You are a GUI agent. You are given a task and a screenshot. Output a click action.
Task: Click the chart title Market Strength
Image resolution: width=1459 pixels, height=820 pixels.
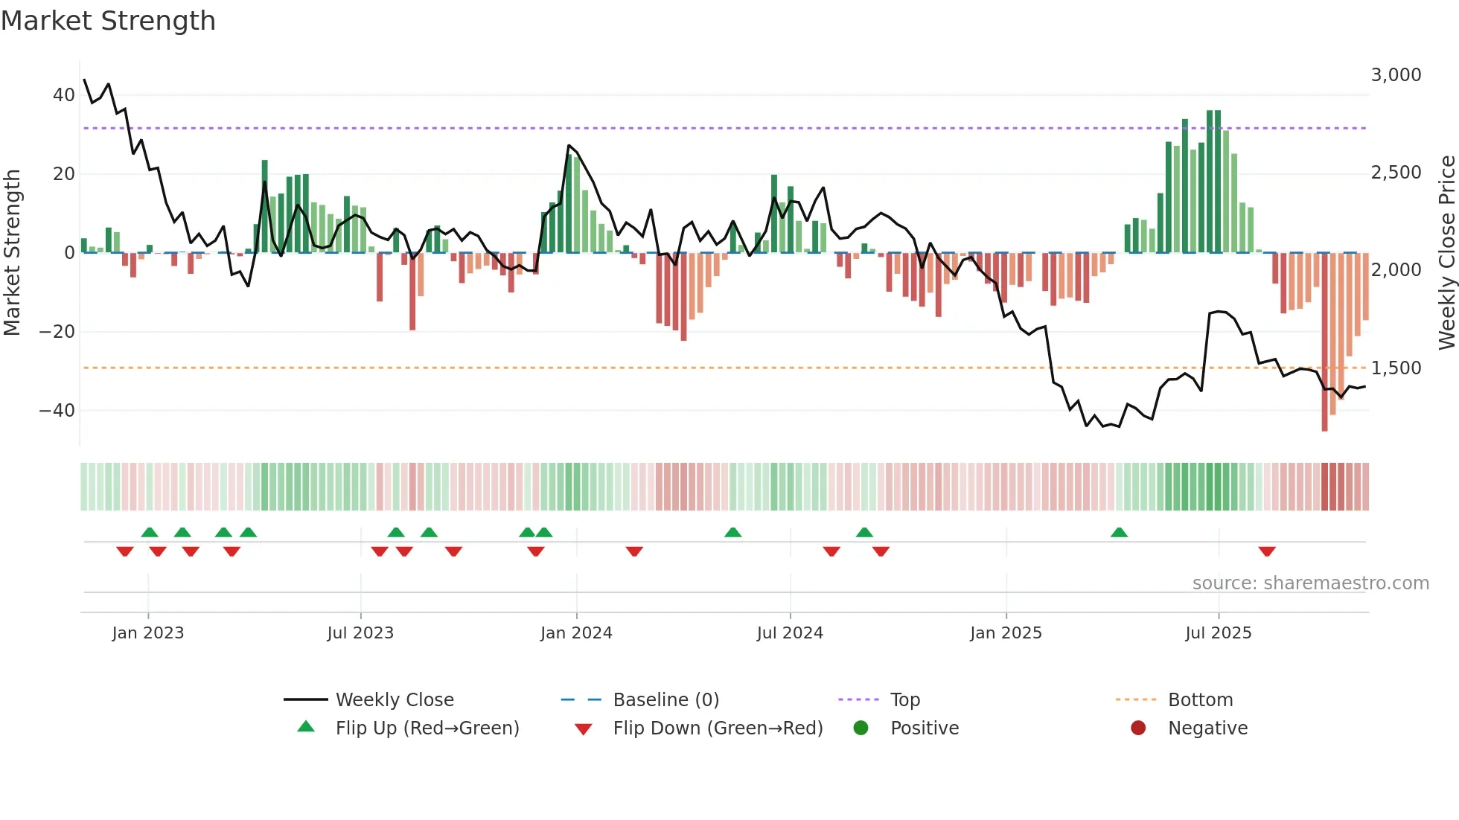[108, 21]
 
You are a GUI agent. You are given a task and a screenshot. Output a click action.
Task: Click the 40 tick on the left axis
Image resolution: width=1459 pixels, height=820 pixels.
[64, 95]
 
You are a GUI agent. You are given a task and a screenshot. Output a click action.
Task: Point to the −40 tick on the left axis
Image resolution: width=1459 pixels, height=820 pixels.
[57, 410]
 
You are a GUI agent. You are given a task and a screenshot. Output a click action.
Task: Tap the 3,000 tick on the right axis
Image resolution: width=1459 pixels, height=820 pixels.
[1396, 75]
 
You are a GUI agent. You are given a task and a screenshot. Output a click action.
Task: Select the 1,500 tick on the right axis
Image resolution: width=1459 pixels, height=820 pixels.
[1396, 368]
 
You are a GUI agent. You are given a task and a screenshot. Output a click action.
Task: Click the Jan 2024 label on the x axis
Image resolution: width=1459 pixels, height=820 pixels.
[576, 633]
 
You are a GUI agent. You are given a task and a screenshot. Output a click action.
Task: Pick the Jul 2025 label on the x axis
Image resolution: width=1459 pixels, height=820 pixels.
[1218, 633]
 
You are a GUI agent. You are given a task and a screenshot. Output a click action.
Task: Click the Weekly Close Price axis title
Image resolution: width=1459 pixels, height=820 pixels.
[1446, 253]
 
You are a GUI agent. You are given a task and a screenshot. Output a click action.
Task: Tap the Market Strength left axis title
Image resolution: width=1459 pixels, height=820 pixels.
[13, 253]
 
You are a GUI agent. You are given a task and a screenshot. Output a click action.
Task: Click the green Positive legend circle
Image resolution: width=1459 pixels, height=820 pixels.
[861, 728]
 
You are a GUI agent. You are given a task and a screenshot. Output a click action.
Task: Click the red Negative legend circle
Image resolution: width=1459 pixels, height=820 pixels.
[1138, 728]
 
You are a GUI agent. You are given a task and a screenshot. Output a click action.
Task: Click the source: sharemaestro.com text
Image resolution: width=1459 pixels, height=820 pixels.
[1310, 583]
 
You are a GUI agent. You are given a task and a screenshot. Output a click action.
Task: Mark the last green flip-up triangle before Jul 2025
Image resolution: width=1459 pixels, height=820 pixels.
[1119, 533]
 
